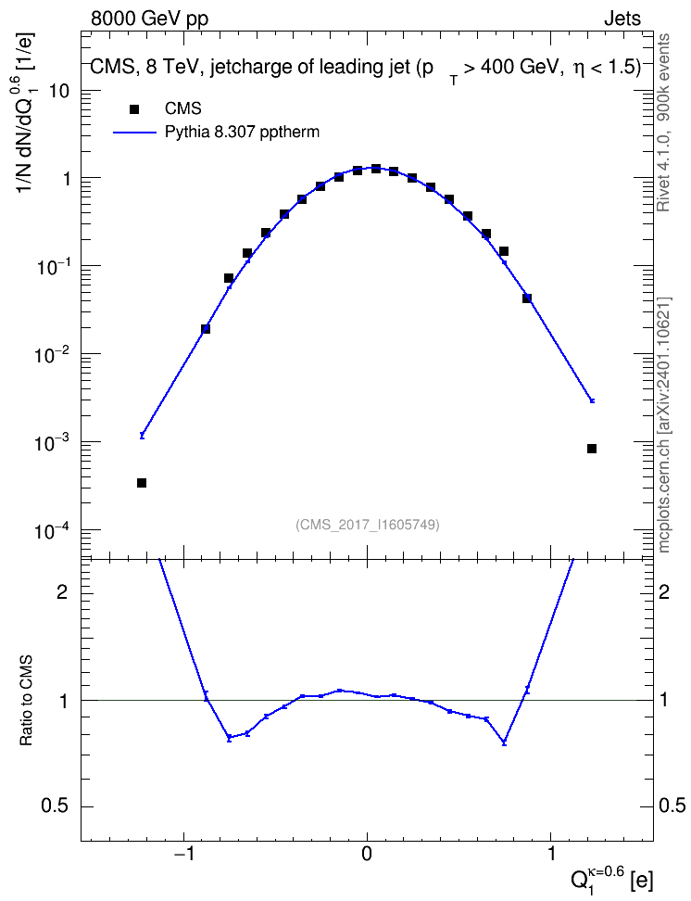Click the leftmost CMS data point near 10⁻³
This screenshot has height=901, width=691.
pos(142,483)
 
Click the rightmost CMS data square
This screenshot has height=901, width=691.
pos(592,449)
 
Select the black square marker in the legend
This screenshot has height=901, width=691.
pos(134,108)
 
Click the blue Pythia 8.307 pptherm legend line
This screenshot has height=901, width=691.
pos(135,133)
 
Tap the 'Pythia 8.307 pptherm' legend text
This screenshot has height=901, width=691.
pos(242,133)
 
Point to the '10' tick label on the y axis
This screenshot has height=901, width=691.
pos(58,91)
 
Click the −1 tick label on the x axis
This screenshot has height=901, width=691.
pos(182,854)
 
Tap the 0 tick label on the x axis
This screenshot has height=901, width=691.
pos(367,854)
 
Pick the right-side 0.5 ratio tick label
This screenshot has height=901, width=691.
pos(672,806)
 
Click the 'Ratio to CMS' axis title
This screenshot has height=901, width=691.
pos(27,700)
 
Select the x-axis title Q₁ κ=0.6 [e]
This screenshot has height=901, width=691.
pos(611,877)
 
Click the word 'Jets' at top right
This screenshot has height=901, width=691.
pos(622,19)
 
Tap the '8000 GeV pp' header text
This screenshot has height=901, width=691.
pos(149,19)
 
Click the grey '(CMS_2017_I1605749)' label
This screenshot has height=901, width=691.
pos(368,525)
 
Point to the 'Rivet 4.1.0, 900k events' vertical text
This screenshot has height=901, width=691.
pos(663,122)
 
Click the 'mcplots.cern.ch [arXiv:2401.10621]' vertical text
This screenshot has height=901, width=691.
pos(664,425)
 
